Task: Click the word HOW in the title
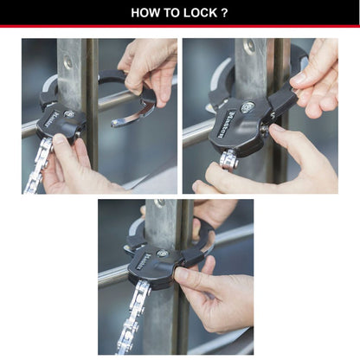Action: (147, 13)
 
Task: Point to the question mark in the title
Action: (225, 13)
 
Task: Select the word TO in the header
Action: (173, 13)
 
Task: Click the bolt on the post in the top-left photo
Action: (67, 62)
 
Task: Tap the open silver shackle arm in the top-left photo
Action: (134, 112)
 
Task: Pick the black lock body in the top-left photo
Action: (62, 122)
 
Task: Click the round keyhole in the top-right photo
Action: (247, 107)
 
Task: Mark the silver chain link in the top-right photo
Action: (228, 159)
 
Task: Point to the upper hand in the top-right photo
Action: (316, 78)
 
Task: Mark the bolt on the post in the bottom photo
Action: (159, 204)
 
